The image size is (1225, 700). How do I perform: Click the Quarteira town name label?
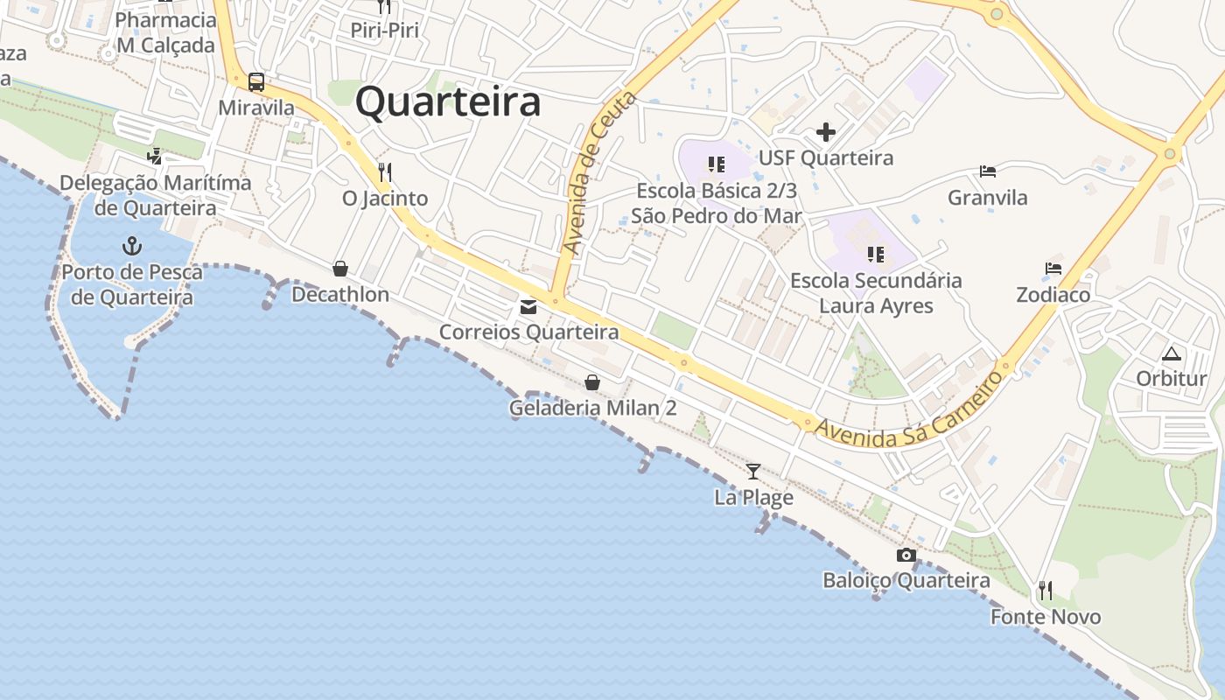(448, 101)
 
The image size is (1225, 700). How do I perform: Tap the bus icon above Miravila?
(256, 82)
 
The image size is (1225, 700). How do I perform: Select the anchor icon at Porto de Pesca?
(132, 245)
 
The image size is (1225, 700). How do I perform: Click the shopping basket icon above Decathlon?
(340, 268)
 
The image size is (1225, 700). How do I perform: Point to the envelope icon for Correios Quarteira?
(528, 306)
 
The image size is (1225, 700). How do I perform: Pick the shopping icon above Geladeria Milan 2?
(592, 381)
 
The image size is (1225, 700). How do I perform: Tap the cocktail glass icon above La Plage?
(753, 471)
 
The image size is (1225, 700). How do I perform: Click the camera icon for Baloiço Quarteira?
(906, 555)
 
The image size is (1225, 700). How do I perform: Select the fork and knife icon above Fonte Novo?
(1045, 591)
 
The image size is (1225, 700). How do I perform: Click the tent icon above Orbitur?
(1171, 353)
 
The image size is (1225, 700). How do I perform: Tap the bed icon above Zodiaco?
(1053, 269)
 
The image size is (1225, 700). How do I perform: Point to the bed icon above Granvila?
(988, 171)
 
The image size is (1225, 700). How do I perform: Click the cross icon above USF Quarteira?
(825, 132)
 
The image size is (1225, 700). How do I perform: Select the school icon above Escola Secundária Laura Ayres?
(875, 255)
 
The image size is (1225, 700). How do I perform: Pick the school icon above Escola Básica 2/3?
(717, 164)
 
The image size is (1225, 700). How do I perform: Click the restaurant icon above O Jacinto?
(385, 171)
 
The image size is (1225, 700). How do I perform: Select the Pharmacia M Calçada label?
(165, 32)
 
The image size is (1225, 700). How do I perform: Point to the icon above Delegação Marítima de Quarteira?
(155, 157)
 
